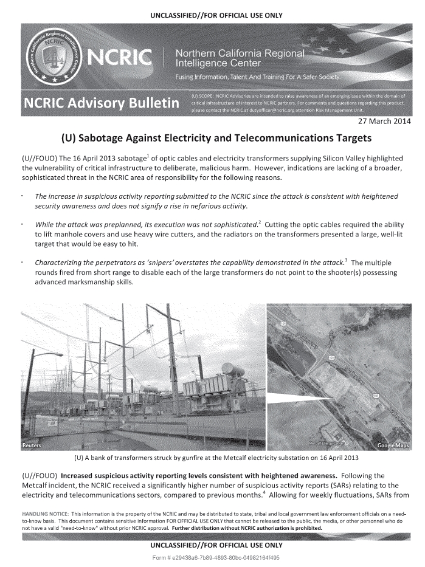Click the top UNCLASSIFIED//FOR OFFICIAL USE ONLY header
212,8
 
